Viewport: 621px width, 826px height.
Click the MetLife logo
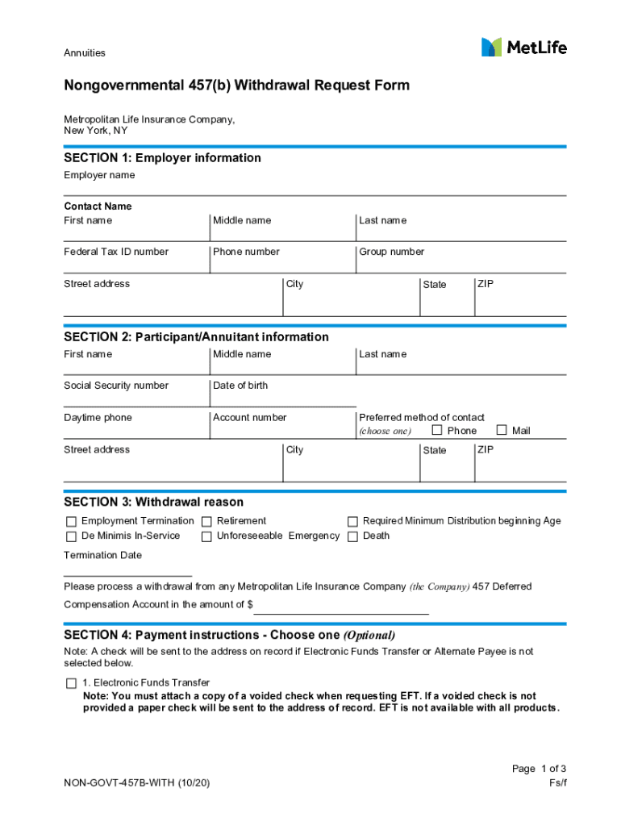[x=523, y=48]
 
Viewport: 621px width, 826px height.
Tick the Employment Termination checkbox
[x=71, y=522]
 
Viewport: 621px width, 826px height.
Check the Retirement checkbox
[x=207, y=522]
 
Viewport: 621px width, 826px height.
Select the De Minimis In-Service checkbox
[x=71, y=536]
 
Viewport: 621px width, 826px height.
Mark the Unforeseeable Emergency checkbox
[x=207, y=536]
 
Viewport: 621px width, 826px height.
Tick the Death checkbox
[x=352, y=536]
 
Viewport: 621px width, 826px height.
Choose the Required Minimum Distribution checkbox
[x=352, y=522]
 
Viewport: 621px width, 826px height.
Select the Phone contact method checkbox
[x=437, y=430]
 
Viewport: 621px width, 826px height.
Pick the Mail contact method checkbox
[x=502, y=430]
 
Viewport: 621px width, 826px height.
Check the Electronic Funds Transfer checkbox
[x=71, y=683]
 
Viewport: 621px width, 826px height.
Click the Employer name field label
[x=99, y=175]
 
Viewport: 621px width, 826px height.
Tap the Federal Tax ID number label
[x=116, y=252]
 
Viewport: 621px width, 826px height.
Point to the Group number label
[x=391, y=252]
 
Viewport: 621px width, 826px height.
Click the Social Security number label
[x=116, y=386]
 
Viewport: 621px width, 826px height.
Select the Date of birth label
[x=240, y=386]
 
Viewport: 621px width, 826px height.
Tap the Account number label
[x=249, y=418]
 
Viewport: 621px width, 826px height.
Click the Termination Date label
[x=102, y=555]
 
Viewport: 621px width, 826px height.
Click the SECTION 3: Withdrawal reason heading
[x=153, y=503]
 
